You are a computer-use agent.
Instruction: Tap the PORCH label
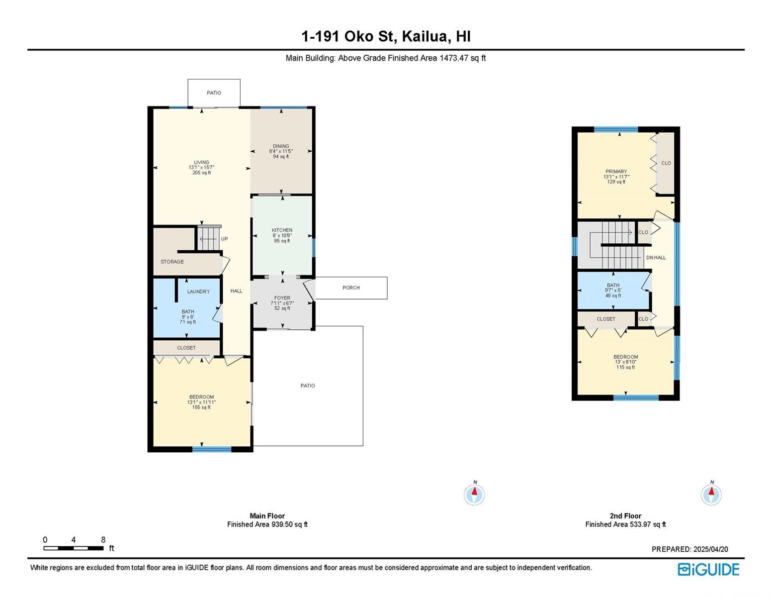pos(351,288)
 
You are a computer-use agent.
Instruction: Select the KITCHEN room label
pos(282,230)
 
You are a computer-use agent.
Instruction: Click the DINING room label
pos(281,146)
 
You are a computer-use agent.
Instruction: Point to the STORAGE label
pos(172,262)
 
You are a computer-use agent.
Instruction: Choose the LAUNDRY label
pos(198,292)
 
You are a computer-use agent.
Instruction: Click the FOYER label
pos(282,298)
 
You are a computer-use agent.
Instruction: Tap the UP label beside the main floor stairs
pos(224,239)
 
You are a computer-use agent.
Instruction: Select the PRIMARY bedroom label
pos(616,171)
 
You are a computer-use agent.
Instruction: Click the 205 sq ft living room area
pos(201,173)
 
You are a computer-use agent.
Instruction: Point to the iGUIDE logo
pos(708,569)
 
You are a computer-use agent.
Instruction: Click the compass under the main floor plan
pos(474,494)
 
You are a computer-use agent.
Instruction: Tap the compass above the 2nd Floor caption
pos(711,494)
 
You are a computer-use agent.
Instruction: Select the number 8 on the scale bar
pos(103,540)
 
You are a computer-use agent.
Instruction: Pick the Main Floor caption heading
pos(267,516)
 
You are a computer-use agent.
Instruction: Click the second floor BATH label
pos(613,285)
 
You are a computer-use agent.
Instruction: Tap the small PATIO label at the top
pos(214,93)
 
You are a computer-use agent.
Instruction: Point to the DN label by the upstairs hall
pos(649,257)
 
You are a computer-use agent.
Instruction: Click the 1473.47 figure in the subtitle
pos(454,58)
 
